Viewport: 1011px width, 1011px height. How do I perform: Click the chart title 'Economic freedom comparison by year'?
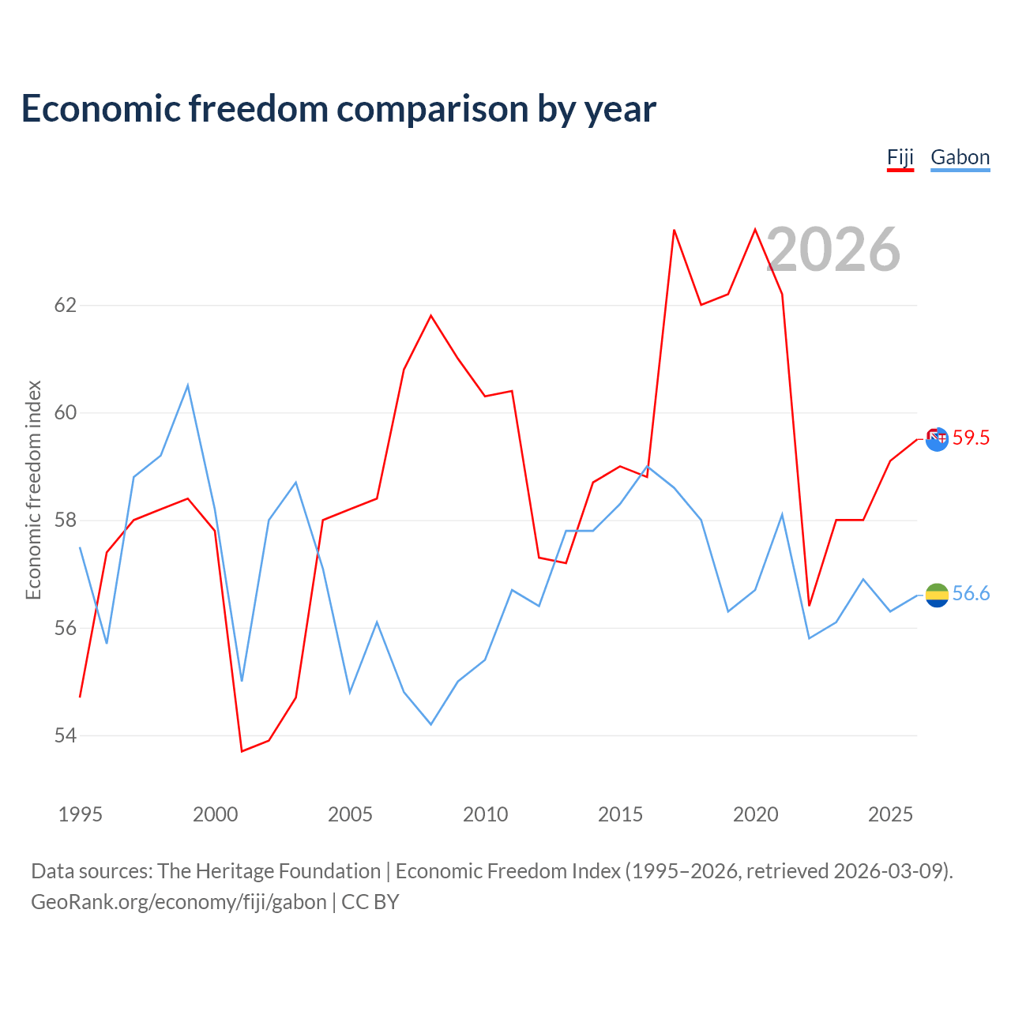338,109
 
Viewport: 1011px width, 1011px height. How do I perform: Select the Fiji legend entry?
900,159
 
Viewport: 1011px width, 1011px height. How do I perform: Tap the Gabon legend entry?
960,159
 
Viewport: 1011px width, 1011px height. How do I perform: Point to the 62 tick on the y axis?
65,305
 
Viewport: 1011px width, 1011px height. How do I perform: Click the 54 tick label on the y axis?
65,735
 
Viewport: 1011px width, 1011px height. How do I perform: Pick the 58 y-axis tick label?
65,521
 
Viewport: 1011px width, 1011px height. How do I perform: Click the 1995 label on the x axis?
81,814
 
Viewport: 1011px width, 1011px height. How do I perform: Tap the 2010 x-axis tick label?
485,814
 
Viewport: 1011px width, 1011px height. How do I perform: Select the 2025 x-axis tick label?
890,814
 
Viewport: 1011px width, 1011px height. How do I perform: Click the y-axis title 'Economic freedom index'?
34,490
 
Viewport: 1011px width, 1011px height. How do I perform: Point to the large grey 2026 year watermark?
833,250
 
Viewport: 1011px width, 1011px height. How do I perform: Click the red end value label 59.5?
971,438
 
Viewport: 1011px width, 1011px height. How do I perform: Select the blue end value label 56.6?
971,593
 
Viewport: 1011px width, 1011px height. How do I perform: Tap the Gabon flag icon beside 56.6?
937,596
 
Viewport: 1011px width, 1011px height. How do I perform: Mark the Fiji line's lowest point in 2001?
242,751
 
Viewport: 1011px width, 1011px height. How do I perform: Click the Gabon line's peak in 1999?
188,385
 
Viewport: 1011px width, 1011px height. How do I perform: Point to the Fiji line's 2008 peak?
431,315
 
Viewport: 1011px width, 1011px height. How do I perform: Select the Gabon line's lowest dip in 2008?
431,724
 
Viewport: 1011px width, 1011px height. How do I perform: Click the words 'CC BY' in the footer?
370,903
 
